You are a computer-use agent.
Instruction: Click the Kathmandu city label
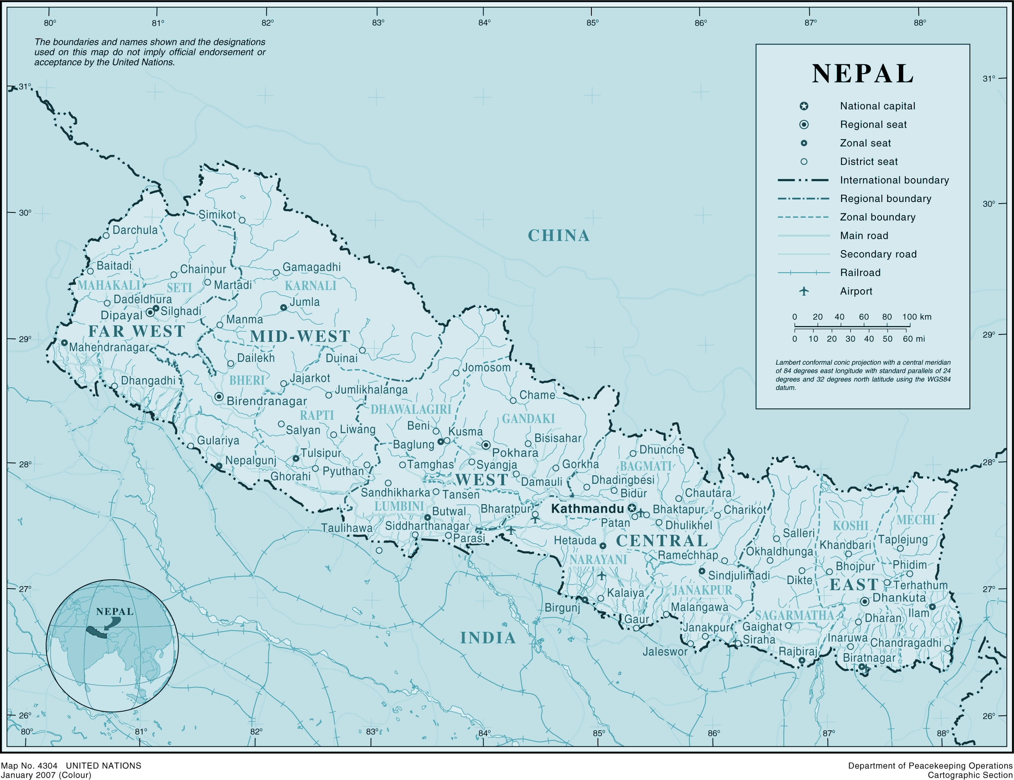tap(587, 509)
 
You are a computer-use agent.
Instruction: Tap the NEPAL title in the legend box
tap(863, 74)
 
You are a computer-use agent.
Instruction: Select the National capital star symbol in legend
tap(804, 106)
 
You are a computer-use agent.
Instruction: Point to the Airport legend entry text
tap(856, 292)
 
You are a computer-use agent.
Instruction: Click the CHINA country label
tap(559, 236)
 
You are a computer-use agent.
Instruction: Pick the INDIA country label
tap(488, 638)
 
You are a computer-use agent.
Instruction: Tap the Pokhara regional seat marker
tap(486, 445)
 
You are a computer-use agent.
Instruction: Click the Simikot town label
tap(217, 214)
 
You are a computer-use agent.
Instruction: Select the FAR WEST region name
tap(137, 332)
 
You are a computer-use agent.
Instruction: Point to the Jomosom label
tap(486, 368)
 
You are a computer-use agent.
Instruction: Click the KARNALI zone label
tap(310, 286)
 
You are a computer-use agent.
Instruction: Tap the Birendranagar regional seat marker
tap(219, 397)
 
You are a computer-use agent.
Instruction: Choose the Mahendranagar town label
tap(109, 347)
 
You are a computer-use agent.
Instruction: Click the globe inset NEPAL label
tap(115, 612)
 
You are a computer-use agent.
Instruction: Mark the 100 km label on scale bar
tap(917, 317)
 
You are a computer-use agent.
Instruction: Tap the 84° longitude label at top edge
tap(484, 23)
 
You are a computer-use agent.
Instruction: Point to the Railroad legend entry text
tap(860, 273)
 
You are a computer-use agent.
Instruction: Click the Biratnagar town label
tap(869, 658)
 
